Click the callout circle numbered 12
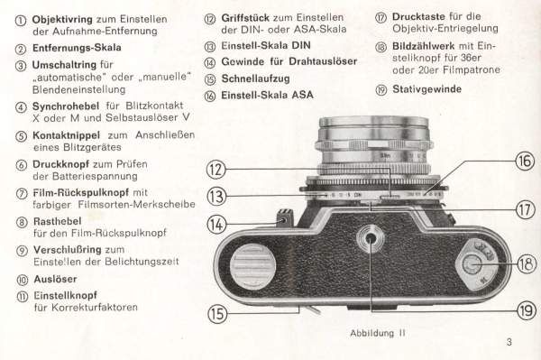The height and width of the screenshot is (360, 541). pos(216,170)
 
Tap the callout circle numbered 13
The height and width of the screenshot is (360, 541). pos(216,197)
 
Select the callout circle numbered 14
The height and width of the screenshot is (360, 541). pos(216,225)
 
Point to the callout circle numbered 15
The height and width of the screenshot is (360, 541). pos(217,314)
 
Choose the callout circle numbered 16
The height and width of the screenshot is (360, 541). pos(525,161)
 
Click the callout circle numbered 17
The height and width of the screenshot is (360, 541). pos(525,209)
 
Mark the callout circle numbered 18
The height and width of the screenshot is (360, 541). pos(527,264)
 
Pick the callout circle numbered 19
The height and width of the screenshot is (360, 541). pos(527,311)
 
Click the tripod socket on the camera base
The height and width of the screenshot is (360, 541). pos(370,238)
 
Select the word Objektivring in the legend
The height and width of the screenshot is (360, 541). pos(62,19)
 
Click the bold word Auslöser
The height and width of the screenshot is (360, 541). pos(55,279)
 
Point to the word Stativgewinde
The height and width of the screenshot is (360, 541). pos(426,89)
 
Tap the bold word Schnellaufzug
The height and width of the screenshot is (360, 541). pos(255,78)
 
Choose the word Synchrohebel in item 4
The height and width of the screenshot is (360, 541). pos(66,106)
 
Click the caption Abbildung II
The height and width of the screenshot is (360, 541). pos(378,333)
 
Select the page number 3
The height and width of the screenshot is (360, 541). pos(509,342)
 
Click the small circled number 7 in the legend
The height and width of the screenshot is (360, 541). pos(22,194)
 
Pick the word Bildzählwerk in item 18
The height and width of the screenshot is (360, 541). pos(423,46)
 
